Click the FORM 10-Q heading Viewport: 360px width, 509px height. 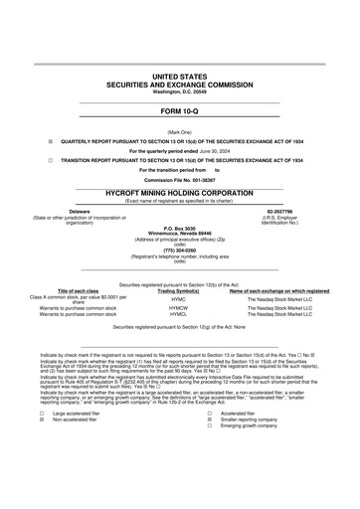click(180, 111)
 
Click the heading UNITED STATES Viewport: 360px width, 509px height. click(180, 76)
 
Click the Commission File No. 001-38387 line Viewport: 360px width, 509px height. click(180, 178)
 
